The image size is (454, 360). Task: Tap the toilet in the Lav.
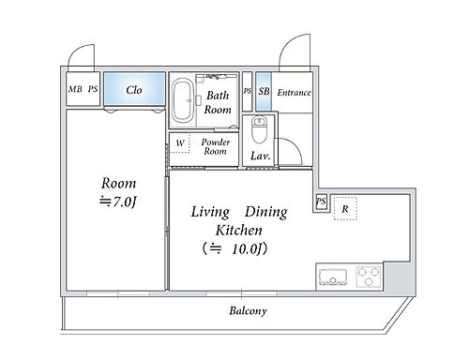pyautogui.click(x=260, y=129)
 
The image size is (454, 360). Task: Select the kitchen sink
pyautogui.click(x=333, y=277)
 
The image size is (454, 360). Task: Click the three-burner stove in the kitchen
pyautogui.click(x=369, y=277)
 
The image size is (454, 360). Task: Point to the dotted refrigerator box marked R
pyautogui.click(x=345, y=208)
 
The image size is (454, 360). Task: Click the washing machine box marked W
pyautogui.click(x=179, y=143)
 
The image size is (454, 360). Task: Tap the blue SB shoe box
pyautogui.click(x=264, y=91)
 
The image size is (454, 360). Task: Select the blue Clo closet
pyautogui.click(x=134, y=89)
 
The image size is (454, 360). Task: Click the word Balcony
pyautogui.click(x=248, y=311)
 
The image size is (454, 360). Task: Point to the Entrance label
pyautogui.click(x=295, y=93)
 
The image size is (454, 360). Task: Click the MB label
pyautogui.click(x=75, y=89)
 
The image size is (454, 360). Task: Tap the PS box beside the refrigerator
pyautogui.click(x=321, y=202)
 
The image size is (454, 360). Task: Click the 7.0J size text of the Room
pyautogui.click(x=118, y=202)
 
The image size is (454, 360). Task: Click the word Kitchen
pyautogui.click(x=239, y=231)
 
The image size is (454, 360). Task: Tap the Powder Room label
pyautogui.click(x=216, y=146)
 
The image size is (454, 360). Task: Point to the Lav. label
pyautogui.click(x=260, y=156)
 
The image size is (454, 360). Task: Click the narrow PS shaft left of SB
pyautogui.click(x=247, y=91)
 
